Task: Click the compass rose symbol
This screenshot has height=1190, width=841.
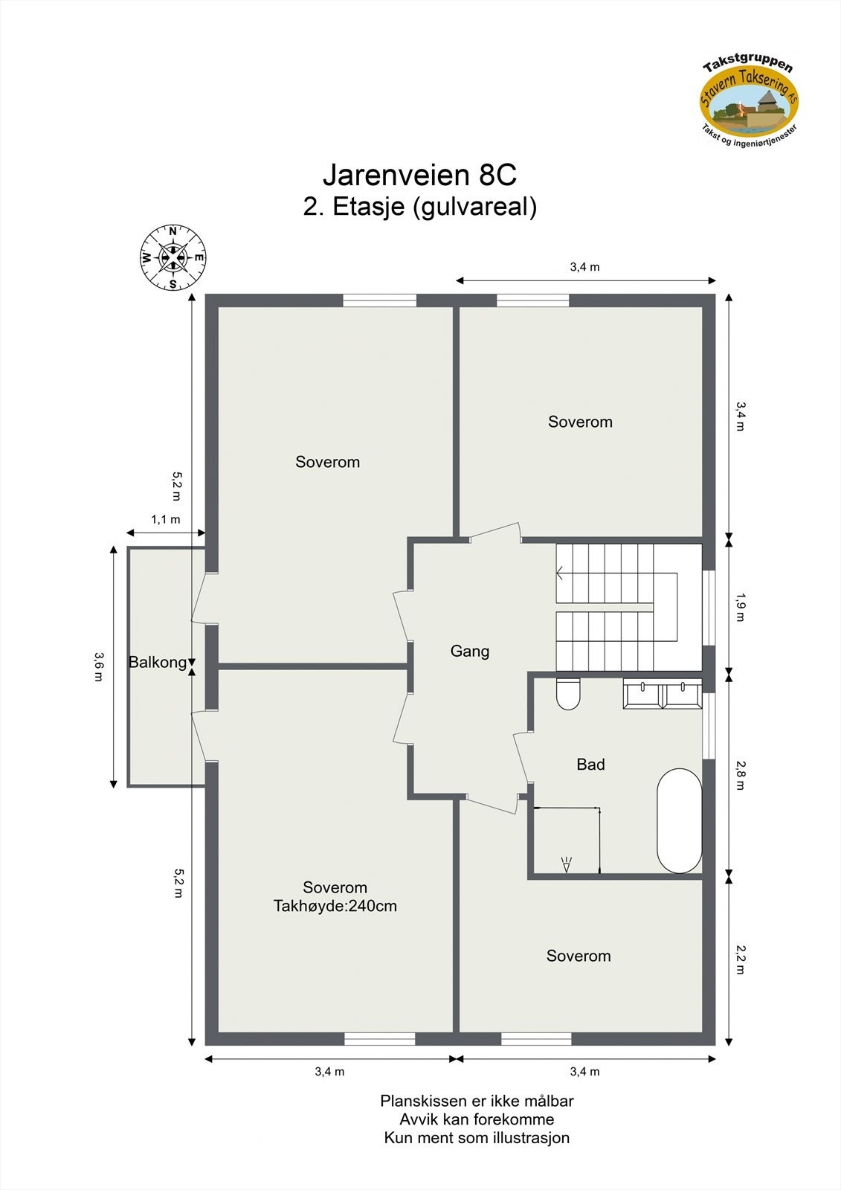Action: pos(173,257)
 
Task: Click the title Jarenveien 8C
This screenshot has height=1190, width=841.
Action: pos(419,176)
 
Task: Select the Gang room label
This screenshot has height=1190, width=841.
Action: pos(470,652)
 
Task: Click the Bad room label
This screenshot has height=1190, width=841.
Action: pos(590,765)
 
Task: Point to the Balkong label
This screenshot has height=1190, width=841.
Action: pos(158,662)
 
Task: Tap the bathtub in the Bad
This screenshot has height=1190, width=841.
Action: pos(679,820)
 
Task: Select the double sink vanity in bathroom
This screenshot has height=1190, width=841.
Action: pos(662,695)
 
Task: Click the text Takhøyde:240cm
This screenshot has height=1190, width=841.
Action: pos(335,906)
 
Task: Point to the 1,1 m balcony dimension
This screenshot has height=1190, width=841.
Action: pos(166,520)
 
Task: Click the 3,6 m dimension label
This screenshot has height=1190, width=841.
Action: pos(98,666)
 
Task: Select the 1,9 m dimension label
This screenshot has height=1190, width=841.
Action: pos(739,605)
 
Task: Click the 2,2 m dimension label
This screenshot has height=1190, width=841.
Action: pos(739,959)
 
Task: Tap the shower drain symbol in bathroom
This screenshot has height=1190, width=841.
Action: pos(567,864)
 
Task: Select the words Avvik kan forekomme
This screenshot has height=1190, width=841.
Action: pos(477,1119)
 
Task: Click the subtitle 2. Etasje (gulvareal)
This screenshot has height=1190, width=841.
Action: pos(419,206)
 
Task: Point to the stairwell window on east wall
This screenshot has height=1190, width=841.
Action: pos(709,607)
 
